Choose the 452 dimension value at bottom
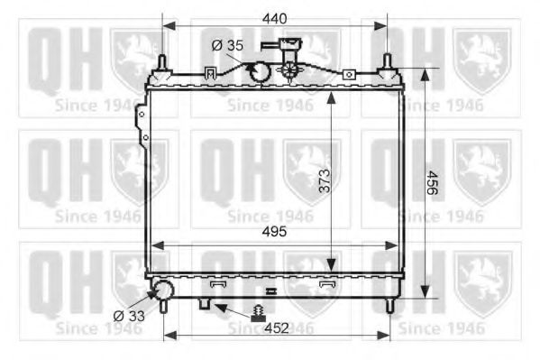(276, 328)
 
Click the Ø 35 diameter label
(227, 44)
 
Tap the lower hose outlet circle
(164, 291)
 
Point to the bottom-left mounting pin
(163, 305)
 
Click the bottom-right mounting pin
(389, 305)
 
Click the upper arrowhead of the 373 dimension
(333, 97)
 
